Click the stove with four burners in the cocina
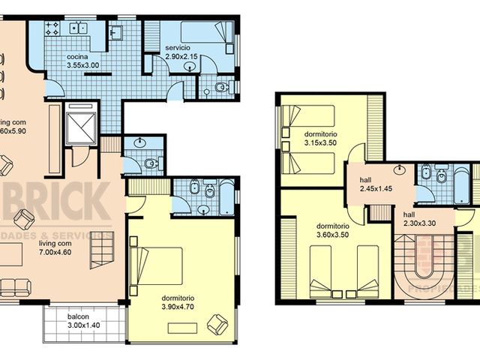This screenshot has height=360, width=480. pyautogui.click(x=52, y=30)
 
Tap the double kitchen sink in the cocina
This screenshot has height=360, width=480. pyautogui.click(x=78, y=28)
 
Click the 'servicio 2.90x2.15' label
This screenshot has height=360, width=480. pyautogui.click(x=181, y=53)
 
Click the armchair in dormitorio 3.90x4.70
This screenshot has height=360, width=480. pyautogui.click(x=217, y=324)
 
